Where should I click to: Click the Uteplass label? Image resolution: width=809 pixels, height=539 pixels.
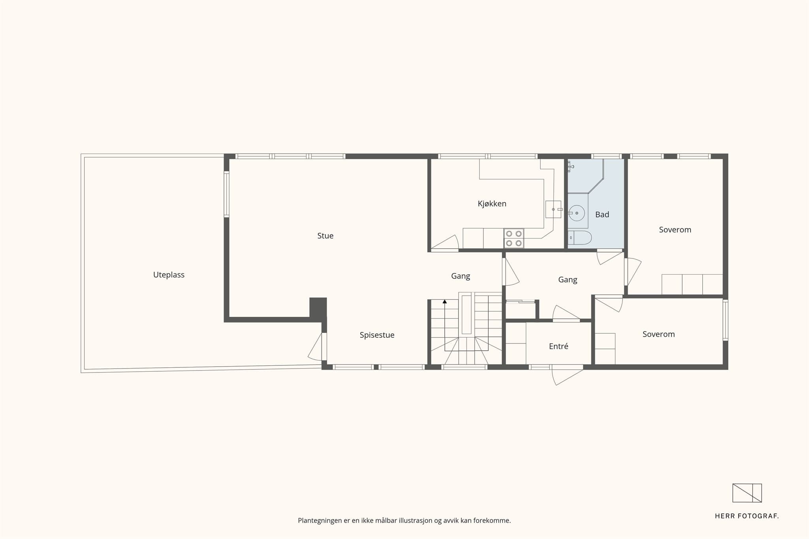pos(169,275)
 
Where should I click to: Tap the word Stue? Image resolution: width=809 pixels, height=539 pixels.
pos(325,236)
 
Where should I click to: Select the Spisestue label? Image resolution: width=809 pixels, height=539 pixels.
pos(377,335)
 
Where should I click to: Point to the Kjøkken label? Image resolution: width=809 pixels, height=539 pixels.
pos(492,204)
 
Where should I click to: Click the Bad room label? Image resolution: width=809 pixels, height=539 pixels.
pos(602,214)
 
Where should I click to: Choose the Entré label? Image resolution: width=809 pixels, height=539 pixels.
pos(559,346)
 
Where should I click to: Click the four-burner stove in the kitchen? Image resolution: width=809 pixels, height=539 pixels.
pos(514,238)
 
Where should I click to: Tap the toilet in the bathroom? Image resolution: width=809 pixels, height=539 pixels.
pos(579,238)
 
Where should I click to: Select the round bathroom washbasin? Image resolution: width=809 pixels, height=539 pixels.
pos(577,213)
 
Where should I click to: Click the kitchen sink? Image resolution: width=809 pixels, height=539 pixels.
pos(553,209)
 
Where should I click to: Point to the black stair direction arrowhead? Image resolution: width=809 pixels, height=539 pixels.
pos(445,301)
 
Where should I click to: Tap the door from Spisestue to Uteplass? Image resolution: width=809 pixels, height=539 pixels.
pos(316,347)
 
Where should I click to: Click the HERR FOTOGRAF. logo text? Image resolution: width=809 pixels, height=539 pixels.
pos(747,516)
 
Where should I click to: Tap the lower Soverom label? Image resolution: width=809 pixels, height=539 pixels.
pos(658,334)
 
